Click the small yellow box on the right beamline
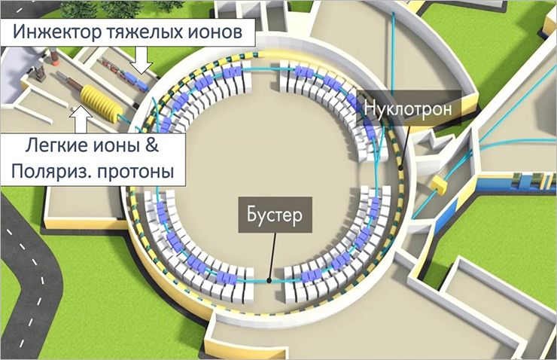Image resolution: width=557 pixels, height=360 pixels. (x=439, y=182)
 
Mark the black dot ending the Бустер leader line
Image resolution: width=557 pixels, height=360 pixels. (x=269, y=275)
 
